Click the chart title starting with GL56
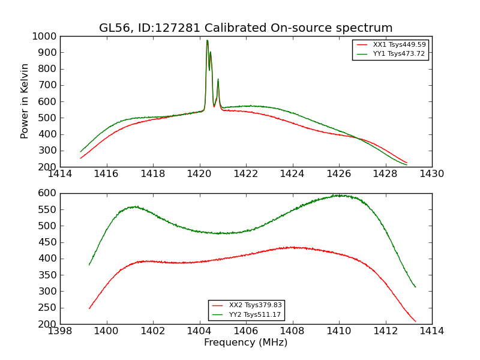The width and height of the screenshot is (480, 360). tap(246, 28)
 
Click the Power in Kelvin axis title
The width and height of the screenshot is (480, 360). tap(25, 101)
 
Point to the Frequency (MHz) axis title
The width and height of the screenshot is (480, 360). tap(246, 343)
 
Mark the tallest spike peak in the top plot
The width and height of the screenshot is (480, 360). tap(207, 41)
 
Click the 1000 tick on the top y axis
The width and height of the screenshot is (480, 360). tap(46, 36)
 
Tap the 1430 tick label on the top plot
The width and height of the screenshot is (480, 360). tap(432, 174)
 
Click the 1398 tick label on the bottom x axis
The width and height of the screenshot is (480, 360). tap(61, 331)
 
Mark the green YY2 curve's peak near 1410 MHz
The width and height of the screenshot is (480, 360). tap(339, 195)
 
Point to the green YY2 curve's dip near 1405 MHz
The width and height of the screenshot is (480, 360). tap(223, 233)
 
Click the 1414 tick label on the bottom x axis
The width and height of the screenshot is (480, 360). tap(432, 331)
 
